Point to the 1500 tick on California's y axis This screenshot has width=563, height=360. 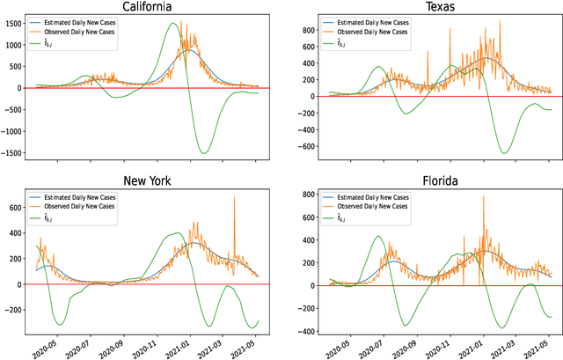pos(12,23)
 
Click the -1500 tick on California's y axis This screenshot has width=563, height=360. pos(10,153)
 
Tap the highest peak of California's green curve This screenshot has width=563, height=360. pos(173,24)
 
